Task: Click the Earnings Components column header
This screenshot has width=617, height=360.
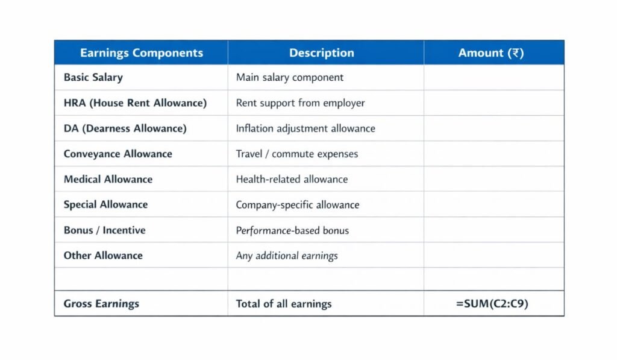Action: click(x=141, y=53)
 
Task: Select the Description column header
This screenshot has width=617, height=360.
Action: click(x=321, y=53)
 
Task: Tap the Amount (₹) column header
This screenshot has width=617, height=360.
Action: click(x=491, y=53)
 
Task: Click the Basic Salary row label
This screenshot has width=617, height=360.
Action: click(x=93, y=78)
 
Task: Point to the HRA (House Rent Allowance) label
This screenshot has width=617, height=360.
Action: click(x=135, y=103)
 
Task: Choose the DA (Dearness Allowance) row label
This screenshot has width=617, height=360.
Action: click(x=125, y=128)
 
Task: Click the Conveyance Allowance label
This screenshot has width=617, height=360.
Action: click(x=117, y=154)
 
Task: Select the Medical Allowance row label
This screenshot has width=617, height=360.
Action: click(x=108, y=179)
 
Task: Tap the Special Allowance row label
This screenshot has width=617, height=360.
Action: click(x=105, y=204)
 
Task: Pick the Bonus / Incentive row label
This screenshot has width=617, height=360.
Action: click(x=104, y=230)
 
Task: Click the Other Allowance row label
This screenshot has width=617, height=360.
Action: click(x=103, y=255)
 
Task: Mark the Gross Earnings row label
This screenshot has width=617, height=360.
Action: click(x=101, y=303)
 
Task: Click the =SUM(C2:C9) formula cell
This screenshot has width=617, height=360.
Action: click(x=492, y=303)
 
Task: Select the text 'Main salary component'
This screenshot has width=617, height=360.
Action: click(x=290, y=78)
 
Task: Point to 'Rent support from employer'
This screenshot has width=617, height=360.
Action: click(x=300, y=103)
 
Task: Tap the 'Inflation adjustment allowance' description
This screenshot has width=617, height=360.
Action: click(x=305, y=128)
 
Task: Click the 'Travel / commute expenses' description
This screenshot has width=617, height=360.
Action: click(x=297, y=154)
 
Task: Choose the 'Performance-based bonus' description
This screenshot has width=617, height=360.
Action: click(x=292, y=230)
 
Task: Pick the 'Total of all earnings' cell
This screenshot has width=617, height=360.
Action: click(x=284, y=303)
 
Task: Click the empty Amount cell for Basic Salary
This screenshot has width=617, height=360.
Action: click(x=494, y=78)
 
